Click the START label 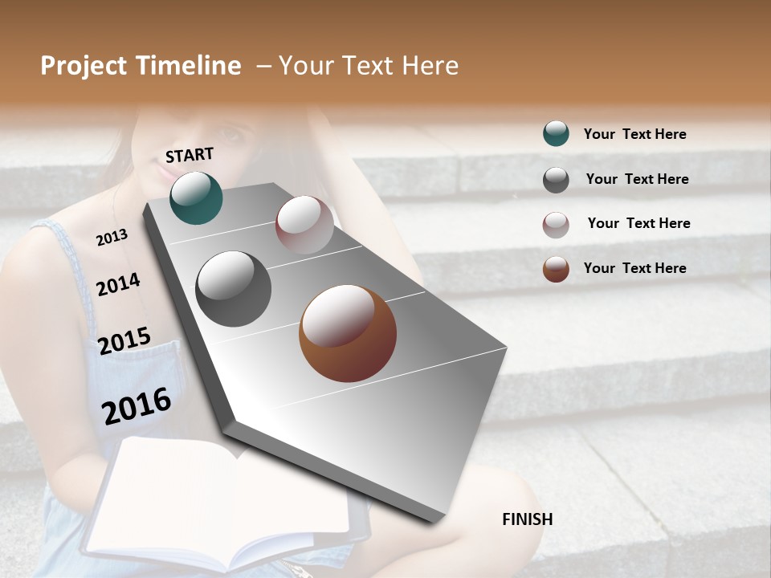190,155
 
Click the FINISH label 528,519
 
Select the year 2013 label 112,238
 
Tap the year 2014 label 118,284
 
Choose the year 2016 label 137,405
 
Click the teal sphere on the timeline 196,197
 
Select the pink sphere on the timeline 304,225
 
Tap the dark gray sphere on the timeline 234,289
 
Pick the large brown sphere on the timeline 348,333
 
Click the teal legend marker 556,134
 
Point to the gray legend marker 556,180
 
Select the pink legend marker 556,224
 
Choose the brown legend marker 556,269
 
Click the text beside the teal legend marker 634,134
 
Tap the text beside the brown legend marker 634,268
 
